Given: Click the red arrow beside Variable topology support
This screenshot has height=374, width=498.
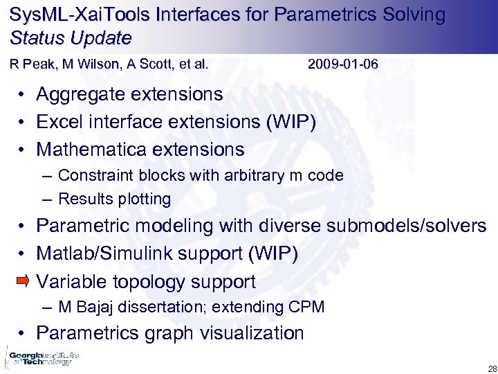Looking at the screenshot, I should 23,280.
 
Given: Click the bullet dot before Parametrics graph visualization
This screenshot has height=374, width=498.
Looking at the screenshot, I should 23,333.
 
